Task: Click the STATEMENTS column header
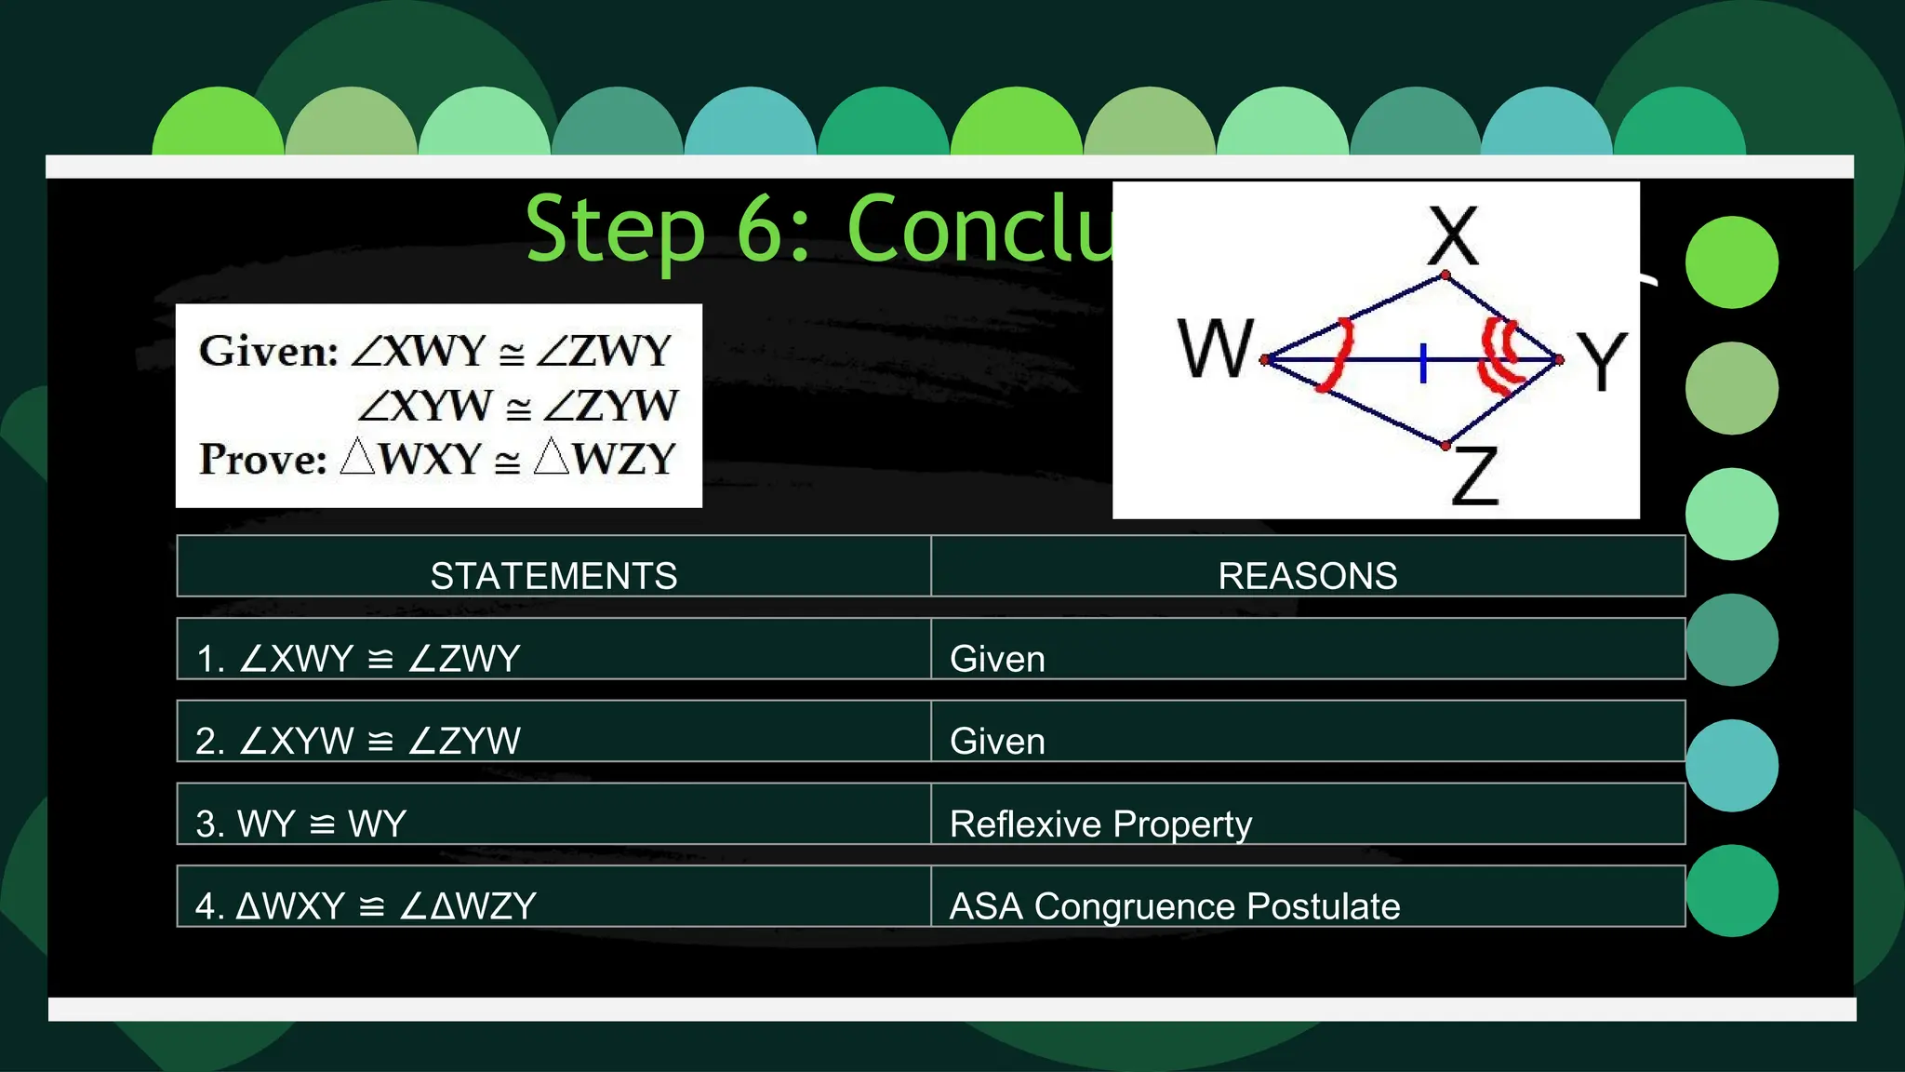click(553, 576)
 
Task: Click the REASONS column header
click(1307, 576)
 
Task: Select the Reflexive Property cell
click(1100, 824)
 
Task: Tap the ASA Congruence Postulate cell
click(1174, 905)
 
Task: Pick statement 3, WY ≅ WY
click(301, 824)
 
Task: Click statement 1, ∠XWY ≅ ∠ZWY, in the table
click(358, 659)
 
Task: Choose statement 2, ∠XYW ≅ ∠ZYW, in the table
click(358, 741)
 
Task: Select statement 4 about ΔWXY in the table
click(366, 905)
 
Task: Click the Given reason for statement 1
click(997, 659)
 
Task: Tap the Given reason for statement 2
click(997, 741)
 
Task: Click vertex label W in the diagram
click(1215, 348)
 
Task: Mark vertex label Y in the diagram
click(1602, 361)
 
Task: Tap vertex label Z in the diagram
click(1475, 476)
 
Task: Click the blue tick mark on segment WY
click(1423, 362)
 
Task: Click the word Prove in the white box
click(262, 460)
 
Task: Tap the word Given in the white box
click(268, 351)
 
